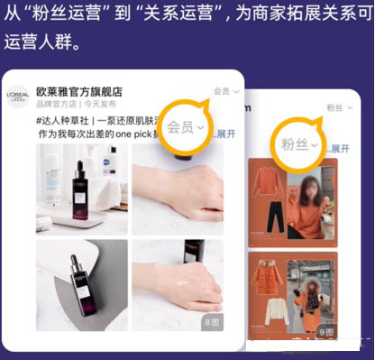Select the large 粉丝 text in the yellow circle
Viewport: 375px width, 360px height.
pyautogui.click(x=295, y=146)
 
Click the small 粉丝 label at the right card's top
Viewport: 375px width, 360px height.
pyautogui.click(x=334, y=107)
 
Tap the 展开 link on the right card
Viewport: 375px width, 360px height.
pyautogui.click(x=339, y=149)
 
